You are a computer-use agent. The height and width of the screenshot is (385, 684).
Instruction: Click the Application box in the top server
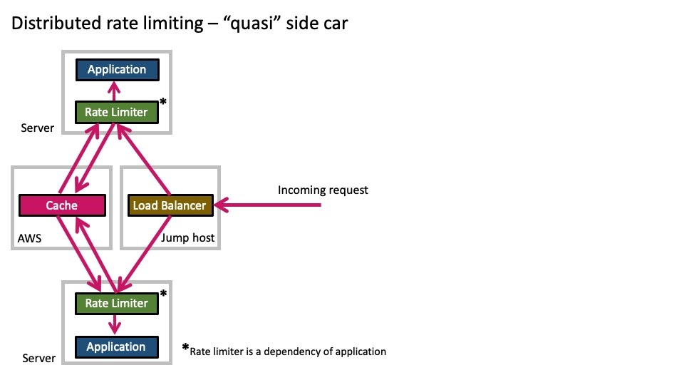click(117, 70)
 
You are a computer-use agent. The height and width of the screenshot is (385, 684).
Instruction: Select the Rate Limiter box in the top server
click(116, 112)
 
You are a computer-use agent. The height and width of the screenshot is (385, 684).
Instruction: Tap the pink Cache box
click(61, 205)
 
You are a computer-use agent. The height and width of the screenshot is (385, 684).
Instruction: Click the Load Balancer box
click(170, 205)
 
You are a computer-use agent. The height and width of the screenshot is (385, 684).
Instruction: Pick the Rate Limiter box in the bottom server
click(116, 303)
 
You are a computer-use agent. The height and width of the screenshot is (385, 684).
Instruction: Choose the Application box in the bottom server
click(116, 347)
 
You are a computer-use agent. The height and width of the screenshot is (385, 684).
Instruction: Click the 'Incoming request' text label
click(323, 190)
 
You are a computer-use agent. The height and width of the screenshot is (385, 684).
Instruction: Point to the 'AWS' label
click(29, 238)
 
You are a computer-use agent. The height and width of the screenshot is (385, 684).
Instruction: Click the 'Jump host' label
click(188, 238)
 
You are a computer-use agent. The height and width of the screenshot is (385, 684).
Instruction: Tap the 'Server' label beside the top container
click(38, 128)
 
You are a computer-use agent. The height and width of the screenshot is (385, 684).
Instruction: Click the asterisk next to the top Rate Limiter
click(163, 103)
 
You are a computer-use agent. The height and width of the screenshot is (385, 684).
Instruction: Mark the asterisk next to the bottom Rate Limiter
click(163, 294)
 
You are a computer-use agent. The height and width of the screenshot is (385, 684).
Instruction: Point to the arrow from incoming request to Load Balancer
click(271, 205)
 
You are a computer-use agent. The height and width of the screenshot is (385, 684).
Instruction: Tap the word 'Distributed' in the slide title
click(53, 24)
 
